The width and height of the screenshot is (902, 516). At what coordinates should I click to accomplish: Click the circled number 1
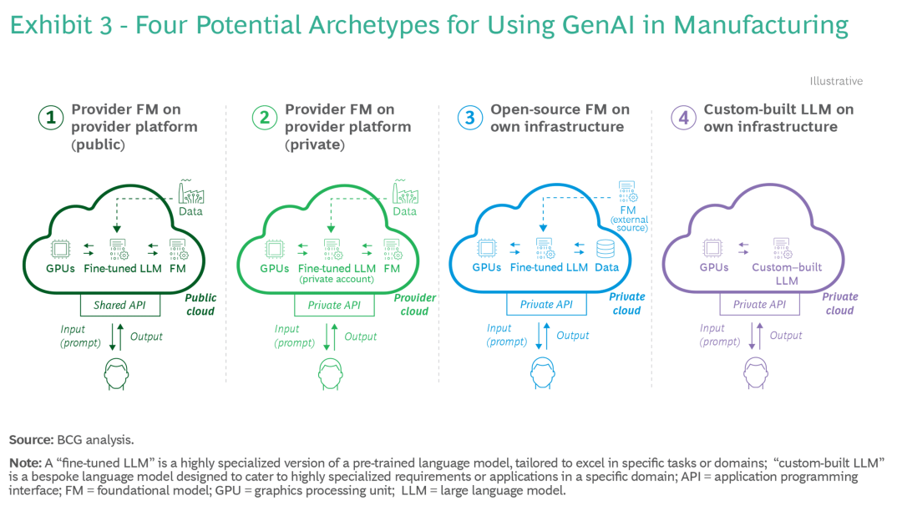pyautogui.click(x=51, y=118)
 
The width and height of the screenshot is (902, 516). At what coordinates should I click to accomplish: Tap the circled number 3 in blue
pyautogui.click(x=470, y=118)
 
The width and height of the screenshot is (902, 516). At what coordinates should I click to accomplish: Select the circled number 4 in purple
pyautogui.click(x=683, y=118)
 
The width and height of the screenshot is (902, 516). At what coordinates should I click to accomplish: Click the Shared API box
pyautogui.click(x=119, y=305)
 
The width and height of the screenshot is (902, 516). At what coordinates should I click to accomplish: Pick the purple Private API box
pyautogui.click(x=759, y=304)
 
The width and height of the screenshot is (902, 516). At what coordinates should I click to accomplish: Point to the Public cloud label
pyautogui.click(x=200, y=304)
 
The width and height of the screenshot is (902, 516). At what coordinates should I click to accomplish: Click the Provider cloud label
pyautogui.click(x=415, y=304)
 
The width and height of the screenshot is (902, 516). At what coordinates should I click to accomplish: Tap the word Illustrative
pyautogui.click(x=836, y=81)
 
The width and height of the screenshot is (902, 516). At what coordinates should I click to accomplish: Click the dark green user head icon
pyautogui.click(x=116, y=374)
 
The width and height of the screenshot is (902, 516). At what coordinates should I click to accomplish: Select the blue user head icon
pyautogui.click(x=543, y=372)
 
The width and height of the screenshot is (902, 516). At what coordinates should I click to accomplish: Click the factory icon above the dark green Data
pyautogui.click(x=190, y=191)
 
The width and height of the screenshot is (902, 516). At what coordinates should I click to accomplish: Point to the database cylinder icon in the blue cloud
pyautogui.click(x=606, y=249)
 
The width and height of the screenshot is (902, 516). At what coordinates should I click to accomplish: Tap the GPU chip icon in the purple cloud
pyautogui.click(x=712, y=248)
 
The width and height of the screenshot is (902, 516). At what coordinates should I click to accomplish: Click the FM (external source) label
pyautogui.click(x=629, y=219)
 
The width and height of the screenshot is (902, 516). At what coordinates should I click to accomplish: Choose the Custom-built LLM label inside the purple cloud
pyautogui.click(x=787, y=274)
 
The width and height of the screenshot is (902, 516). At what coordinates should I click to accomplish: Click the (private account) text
pyautogui.click(x=337, y=280)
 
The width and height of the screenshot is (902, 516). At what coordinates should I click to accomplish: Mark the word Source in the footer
pyautogui.click(x=31, y=440)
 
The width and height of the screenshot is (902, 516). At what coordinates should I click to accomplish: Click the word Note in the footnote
pyautogui.click(x=25, y=463)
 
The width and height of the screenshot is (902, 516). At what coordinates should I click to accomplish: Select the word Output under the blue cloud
pyautogui.click(x=572, y=336)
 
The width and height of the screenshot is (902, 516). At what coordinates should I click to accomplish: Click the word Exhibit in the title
pyautogui.click(x=51, y=25)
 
